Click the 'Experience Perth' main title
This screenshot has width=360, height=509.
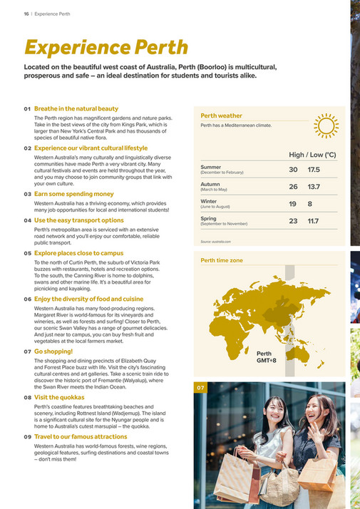[x=106, y=47]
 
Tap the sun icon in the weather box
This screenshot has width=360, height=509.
[x=326, y=126]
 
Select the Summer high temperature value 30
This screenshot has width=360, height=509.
[x=293, y=170]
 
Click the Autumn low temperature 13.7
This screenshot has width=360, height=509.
[x=314, y=187]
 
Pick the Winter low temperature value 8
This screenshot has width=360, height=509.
[x=310, y=204]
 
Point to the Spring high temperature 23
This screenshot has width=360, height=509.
[x=293, y=221]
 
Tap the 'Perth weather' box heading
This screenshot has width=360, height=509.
[x=221, y=115]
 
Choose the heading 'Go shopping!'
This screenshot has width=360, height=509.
[x=53, y=351]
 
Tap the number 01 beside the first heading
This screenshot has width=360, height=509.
[x=27, y=108]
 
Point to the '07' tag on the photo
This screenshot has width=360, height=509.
[x=200, y=388]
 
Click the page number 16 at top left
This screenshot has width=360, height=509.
[x=16, y=12]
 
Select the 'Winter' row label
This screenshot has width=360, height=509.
[x=209, y=202]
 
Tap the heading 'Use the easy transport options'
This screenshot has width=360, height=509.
[x=79, y=220]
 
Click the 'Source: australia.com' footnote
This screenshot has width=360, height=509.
[x=216, y=242]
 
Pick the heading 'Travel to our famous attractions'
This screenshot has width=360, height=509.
[x=81, y=436]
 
